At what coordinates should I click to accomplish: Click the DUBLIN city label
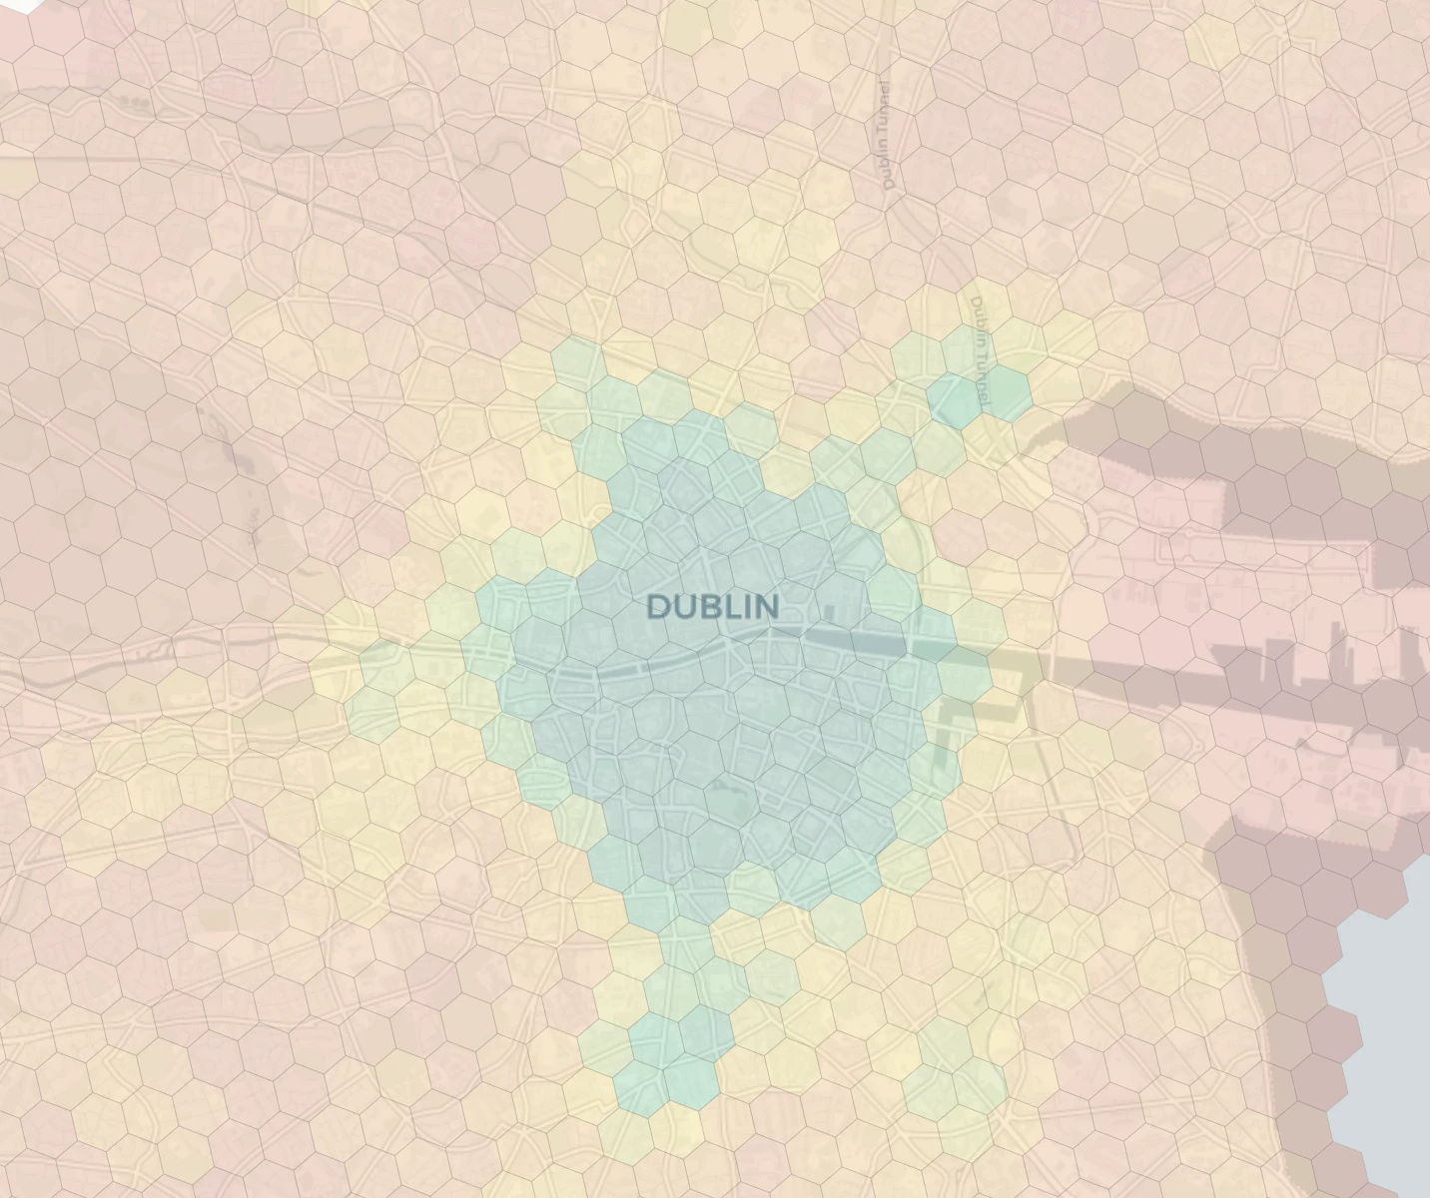(713, 606)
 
